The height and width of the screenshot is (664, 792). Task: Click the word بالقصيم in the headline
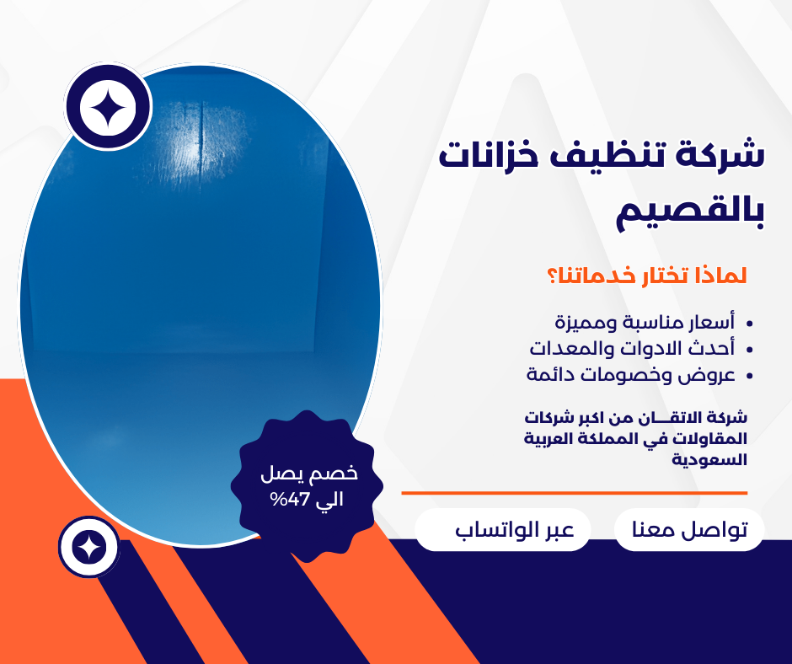(689, 212)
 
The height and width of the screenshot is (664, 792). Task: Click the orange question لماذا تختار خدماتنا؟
(647, 276)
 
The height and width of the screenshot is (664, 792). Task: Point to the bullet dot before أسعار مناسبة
(749, 323)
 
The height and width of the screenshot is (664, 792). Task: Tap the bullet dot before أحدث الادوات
(749, 349)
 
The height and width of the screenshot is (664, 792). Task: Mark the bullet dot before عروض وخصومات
(749, 376)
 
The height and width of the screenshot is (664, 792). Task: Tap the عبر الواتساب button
(515, 530)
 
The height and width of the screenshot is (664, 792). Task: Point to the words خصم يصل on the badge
(309, 474)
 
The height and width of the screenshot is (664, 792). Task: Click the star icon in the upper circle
(108, 107)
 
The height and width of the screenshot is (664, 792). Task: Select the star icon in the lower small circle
(89, 547)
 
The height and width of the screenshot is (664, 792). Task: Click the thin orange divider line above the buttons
(575, 493)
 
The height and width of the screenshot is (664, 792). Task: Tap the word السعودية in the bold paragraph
(709, 460)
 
